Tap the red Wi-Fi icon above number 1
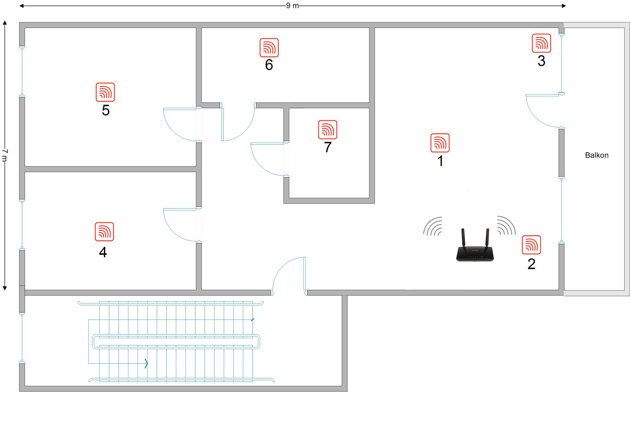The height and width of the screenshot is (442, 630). tap(440, 143)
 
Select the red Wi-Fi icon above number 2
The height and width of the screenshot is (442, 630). tap(531, 245)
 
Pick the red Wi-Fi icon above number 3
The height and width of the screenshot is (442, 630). tap(541, 43)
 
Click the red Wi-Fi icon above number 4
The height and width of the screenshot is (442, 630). tap(104, 232)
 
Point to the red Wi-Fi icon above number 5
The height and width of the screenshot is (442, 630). tap(105, 92)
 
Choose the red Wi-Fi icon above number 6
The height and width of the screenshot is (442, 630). tap(269, 48)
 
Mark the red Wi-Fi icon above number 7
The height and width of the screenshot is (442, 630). tap(328, 130)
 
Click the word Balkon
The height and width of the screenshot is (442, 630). tap(597, 155)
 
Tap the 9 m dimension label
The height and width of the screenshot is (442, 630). tap(292, 6)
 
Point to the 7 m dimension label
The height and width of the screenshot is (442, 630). tap(5, 155)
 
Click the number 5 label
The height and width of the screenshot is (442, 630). tap(106, 110)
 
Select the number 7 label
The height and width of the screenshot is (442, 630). tap(328, 147)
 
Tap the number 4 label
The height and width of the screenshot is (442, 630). tap(103, 252)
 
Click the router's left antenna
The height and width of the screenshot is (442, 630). tap(464, 238)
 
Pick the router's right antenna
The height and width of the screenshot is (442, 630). tap(487, 238)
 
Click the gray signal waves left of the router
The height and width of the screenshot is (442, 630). tap(433, 226)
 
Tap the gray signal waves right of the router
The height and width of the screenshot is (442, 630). tap(506, 225)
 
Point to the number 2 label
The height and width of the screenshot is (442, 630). tap(531, 264)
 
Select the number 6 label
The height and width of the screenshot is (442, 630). tap(269, 65)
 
